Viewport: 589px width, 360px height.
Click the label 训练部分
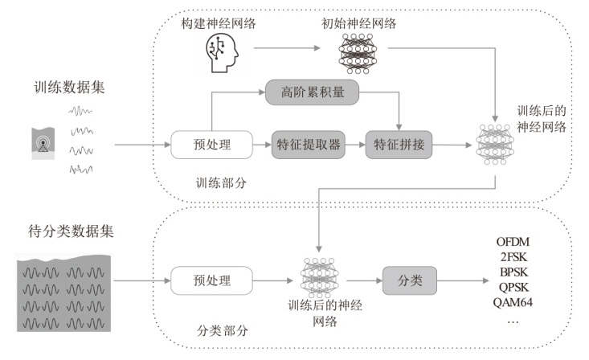(x=220, y=182)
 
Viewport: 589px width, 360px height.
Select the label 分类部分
(x=219, y=329)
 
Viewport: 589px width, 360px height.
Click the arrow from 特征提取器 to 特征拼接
(x=350, y=145)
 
